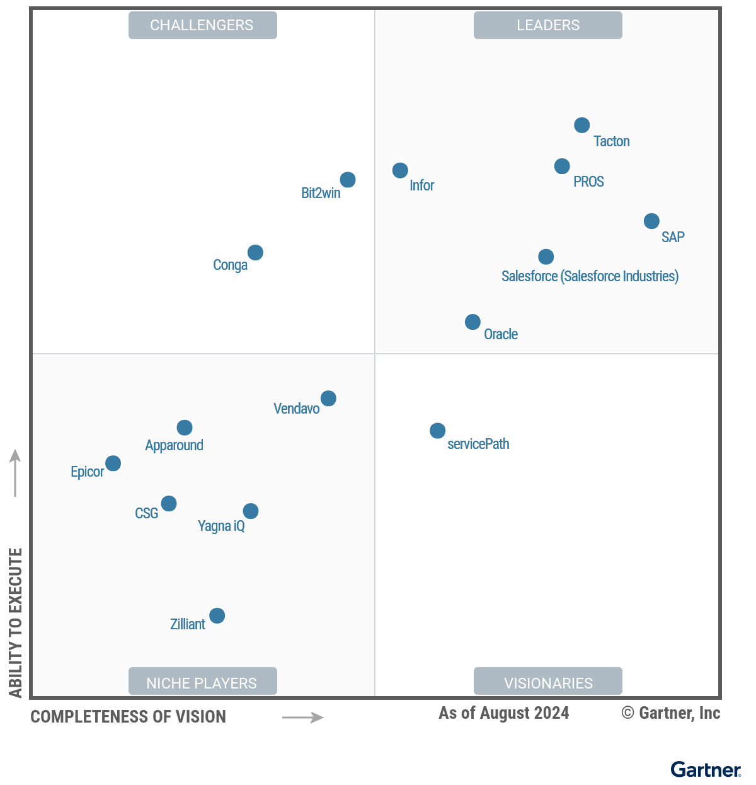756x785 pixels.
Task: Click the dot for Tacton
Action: point(582,125)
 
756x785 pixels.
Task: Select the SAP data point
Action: point(651,221)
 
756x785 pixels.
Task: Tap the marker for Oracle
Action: point(472,322)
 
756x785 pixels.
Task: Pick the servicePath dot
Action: point(437,431)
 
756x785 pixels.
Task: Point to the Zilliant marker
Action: point(217,615)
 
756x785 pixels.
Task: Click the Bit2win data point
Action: point(348,180)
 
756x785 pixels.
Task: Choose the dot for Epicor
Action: point(113,463)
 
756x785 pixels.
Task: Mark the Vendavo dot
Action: point(328,398)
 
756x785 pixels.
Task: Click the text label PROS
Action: point(588,182)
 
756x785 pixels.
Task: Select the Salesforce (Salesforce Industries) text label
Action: point(590,276)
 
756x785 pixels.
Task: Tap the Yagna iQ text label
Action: point(221,526)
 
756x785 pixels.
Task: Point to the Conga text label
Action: point(230,265)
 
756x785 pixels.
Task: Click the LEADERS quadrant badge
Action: point(548,25)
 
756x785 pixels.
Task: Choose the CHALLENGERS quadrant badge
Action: point(202,25)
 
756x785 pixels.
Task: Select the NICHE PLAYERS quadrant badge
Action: point(202,683)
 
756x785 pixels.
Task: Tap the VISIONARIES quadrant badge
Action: point(548,683)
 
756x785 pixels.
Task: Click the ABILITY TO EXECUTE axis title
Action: point(16,622)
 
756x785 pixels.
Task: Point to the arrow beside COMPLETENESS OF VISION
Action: point(302,718)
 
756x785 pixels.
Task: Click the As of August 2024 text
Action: point(503,713)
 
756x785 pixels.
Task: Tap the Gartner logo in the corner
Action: point(706,770)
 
